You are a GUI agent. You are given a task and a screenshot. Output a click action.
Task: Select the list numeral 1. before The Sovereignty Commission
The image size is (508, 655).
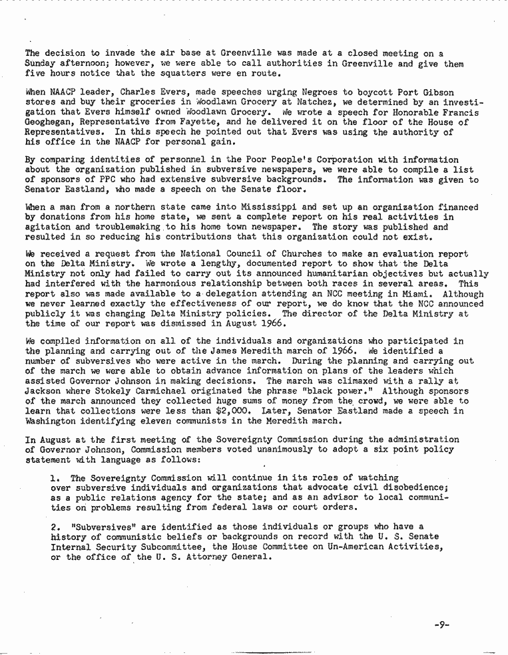point(55,477)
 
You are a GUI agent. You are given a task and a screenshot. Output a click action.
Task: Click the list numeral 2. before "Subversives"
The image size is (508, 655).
point(55,526)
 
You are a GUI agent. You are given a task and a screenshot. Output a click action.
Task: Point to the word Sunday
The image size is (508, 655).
point(42,63)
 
